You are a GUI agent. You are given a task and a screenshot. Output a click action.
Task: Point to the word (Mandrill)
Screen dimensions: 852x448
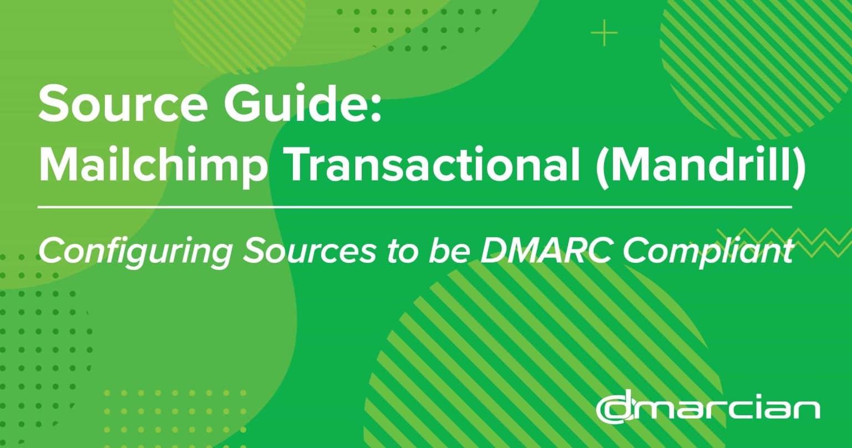[x=700, y=165]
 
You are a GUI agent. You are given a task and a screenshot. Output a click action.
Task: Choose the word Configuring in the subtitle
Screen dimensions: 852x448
[x=135, y=252]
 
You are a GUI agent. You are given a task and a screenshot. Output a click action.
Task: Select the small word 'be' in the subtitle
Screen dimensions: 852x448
[x=449, y=251]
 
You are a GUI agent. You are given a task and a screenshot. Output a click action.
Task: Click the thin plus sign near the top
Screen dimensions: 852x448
[x=604, y=33]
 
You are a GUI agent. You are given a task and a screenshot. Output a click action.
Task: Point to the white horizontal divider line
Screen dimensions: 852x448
[x=415, y=207]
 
